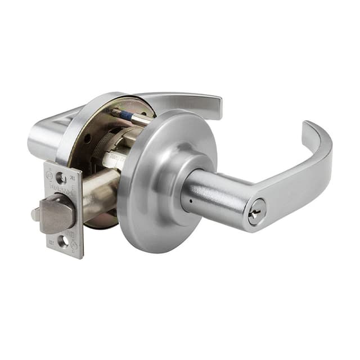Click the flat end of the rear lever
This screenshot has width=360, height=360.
(x=216, y=107)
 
